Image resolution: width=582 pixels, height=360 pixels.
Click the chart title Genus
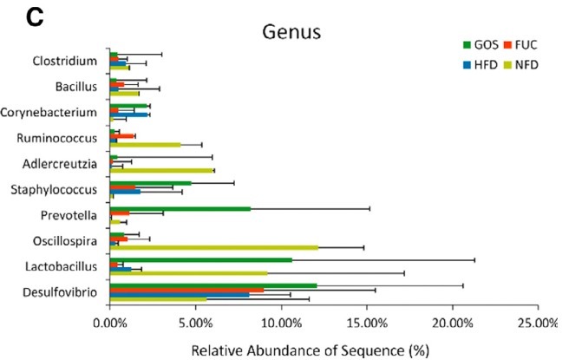292,33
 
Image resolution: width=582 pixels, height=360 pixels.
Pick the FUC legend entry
529,44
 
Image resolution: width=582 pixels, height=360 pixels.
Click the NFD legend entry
529,63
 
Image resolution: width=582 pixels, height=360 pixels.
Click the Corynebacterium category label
52,112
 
